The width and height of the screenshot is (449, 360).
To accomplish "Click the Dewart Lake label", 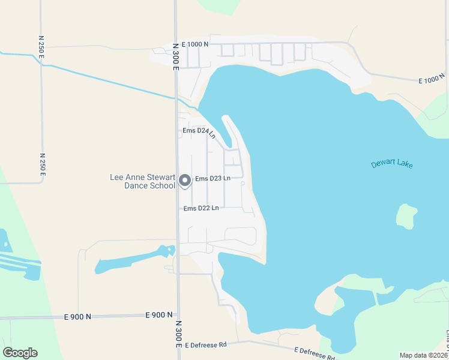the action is (392, 164).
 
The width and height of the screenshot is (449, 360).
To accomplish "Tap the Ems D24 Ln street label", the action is (199, 131).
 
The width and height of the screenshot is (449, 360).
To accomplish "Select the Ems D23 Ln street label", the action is (212, 179).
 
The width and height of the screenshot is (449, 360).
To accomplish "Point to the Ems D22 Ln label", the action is (200, 208).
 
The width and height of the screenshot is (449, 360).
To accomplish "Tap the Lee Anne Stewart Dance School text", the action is (142, 181).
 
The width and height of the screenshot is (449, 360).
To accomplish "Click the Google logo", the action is (20, 353).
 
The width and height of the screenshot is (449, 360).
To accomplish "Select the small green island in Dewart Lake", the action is (406, 216).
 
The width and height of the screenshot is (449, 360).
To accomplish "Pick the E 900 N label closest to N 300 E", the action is (158, 314).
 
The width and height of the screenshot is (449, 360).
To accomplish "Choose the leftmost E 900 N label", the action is (78, 316).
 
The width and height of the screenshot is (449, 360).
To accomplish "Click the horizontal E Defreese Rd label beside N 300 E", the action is (206, 345).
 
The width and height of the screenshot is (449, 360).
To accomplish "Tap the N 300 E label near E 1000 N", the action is (176, 56).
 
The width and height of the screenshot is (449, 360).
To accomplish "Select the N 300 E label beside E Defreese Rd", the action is (178, 334).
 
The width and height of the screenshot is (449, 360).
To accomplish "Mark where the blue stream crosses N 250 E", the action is (41, 62).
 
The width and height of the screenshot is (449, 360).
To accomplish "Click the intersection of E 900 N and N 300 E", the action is (178, 314).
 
